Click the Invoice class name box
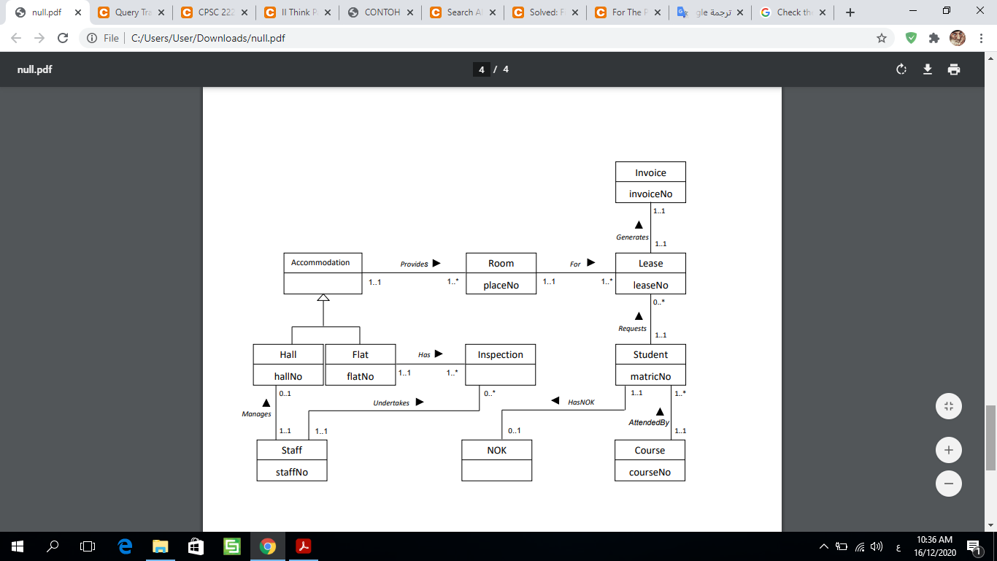click(650, 173)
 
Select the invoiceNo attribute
click(650, 194)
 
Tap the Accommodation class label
click(320, 263)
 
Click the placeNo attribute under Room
click(501, 286)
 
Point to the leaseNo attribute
click(650, 286)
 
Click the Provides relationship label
click(414, 264)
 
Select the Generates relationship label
click(632, 237)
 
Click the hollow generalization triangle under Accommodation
click(323, 297)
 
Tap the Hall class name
click(288, 355)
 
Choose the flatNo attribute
click(360, 377)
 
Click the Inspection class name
click(500, 355)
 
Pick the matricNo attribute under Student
click(650, 377)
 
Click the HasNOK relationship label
click(581, 402)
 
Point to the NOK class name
click(496, 451)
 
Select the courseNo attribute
click(650, 473)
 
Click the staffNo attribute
click(291, 473)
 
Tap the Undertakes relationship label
click(391, 403)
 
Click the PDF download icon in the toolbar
click(928, 69)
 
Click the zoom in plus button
click(948, 450)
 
